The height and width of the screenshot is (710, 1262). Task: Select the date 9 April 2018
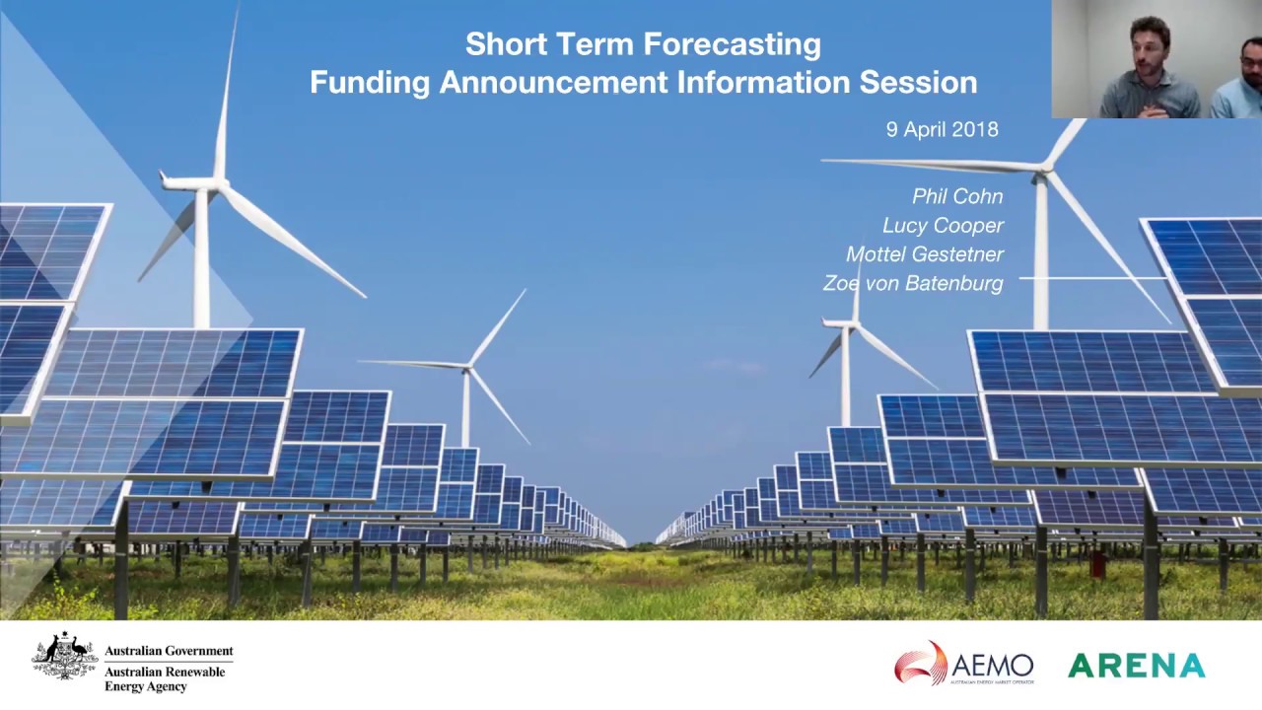(x=942, y=129)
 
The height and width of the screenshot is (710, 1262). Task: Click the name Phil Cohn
(x=956, y=196)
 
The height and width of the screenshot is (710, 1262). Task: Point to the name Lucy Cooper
(x=943, y=225)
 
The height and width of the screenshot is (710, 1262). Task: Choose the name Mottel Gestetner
(x=924, y=253)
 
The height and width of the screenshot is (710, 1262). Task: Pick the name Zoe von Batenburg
(x=912, y=283)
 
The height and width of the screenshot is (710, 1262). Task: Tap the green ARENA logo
(x=1136, y=666)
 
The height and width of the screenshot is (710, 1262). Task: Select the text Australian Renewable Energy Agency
(x=165, y=678)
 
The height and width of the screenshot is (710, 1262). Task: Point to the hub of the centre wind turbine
(x=467, y=367)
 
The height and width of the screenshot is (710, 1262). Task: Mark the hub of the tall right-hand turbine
(x=1042, y=170)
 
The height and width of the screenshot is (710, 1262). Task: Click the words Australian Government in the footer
(x=169, y=651)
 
